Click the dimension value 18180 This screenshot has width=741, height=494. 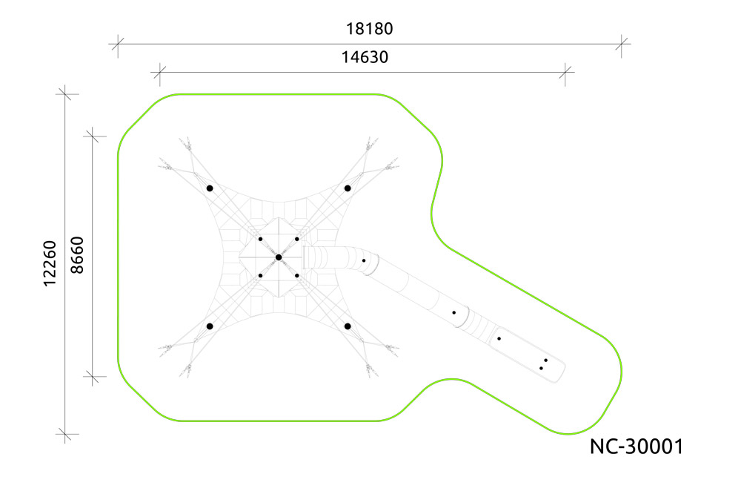[x=369, y=29]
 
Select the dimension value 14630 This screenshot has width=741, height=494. [x=365, y=57]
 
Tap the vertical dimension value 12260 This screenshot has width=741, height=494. [x=50, y=263]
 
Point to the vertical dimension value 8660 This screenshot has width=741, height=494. [x=76, y=255]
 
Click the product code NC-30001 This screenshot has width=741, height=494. [x=637, y=447]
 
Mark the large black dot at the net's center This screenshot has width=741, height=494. [x=279, y=257]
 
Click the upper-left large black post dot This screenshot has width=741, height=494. [x=210, y=188]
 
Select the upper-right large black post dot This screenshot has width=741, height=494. [x=348, y=188]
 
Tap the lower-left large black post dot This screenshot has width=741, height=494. [x=210, y=326]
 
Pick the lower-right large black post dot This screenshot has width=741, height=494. [x=348, y=326]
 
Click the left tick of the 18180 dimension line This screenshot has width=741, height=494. [x=118, y=44]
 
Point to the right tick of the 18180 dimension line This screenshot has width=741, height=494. [x=622, y=44]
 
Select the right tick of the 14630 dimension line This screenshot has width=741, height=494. [x=565, y=73]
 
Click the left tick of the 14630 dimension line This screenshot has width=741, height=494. [x=160, y=73]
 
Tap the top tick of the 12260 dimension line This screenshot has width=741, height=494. [x=65, y=93]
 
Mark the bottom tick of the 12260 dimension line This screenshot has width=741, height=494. [x=65, y=434]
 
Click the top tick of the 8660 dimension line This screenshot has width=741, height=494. [x=93, y=136]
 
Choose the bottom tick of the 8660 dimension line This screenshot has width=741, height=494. [x=93, y=377]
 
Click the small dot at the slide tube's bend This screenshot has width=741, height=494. [x=364, y=261]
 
